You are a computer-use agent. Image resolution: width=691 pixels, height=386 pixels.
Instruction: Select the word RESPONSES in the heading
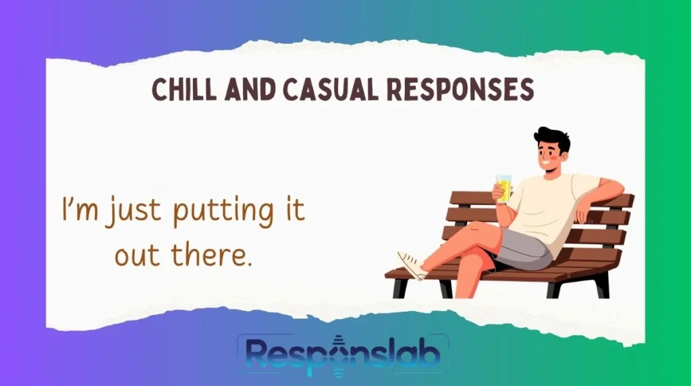(x=468, y=89)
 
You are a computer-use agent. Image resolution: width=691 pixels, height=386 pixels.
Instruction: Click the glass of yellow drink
(x=503, y=187)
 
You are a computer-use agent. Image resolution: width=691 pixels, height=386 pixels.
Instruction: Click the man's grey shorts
(x=523, y=246)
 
